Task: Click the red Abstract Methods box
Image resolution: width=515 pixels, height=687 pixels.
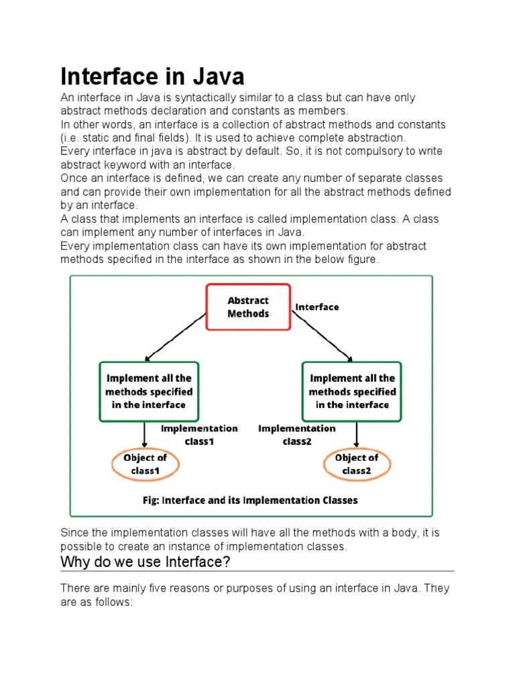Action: (248, 307)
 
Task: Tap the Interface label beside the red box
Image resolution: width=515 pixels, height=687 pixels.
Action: (317, 307)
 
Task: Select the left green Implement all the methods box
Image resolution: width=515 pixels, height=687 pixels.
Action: (148, 392)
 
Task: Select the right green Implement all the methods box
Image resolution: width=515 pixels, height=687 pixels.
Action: (352, 392)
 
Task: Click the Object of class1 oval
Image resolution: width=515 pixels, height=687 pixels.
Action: (145, 464)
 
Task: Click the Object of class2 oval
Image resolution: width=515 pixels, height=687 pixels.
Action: (355, 464)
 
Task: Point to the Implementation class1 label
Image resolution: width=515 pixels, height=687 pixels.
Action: (198, 435)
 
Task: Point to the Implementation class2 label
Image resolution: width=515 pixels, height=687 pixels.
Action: (297, 435)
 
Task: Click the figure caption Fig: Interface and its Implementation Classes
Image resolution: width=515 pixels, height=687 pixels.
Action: (250, 500)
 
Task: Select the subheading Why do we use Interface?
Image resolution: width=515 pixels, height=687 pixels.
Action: (146, 562)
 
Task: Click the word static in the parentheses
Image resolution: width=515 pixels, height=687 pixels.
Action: (91, 138)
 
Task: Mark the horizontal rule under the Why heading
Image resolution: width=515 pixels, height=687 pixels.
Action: (257, 572)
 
